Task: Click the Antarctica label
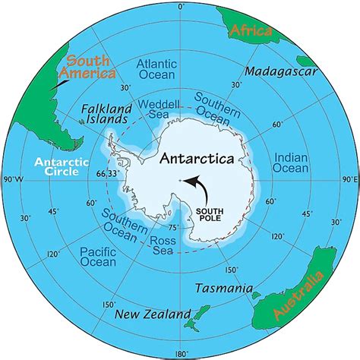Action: click(206, 160)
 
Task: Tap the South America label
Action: click(89, 68)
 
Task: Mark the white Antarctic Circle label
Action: click(67, 168)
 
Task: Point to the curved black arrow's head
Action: click(191, 179)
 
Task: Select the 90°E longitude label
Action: click(349, 180)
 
